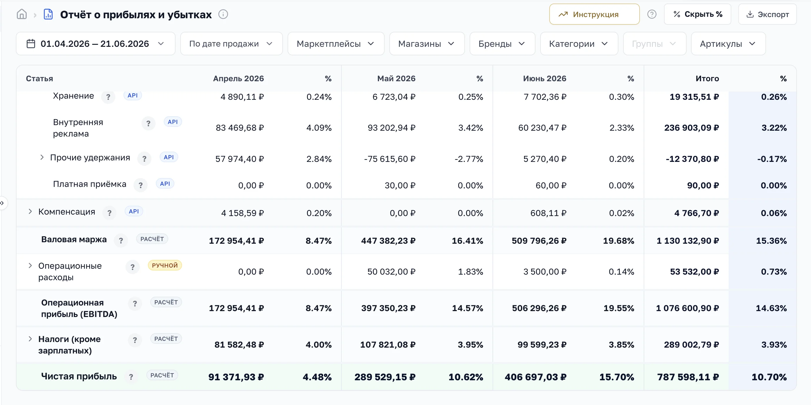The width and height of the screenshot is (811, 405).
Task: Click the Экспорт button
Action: click(x=767, y=14)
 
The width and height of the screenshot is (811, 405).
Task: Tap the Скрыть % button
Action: click(x=697, y=14)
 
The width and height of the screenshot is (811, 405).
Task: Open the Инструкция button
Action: click(x=594, y=14)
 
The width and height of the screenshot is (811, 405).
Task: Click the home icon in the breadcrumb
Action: click(x=22, y=14)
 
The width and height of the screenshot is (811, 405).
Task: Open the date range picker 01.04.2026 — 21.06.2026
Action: click(x=96, y=44)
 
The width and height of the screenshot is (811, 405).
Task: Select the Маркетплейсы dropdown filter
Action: click(x=336, y=44)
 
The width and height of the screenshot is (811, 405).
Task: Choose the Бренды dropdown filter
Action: click(x=502, y=44)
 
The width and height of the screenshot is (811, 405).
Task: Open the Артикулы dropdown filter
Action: click(x=728, y=44)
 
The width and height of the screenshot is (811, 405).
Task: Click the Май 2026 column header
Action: click(x=396, y=79)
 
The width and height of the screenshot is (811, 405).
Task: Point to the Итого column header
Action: click(x=707, y=79)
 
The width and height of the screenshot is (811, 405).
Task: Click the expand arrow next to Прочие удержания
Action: click(x=42, y=157)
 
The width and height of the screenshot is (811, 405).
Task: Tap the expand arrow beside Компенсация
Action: click(x=30, y=212)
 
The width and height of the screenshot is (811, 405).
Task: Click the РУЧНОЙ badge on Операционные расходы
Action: click(x=165, y=265)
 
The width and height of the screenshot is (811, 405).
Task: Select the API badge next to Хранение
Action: click(x=133, y=95)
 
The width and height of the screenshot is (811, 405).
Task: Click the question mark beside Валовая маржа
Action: click(x=121, y=241)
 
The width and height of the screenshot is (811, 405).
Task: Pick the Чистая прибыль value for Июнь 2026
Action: click(x=535, y=377)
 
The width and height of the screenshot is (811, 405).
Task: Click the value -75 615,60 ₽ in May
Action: click(x=390, y=159)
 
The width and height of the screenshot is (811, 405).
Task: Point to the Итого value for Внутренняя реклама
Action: click(x=691, y=128)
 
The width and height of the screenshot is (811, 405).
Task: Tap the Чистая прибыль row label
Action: click(x=79, y=376)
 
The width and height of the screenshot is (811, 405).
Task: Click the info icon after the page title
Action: click(x=223, y=14)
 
